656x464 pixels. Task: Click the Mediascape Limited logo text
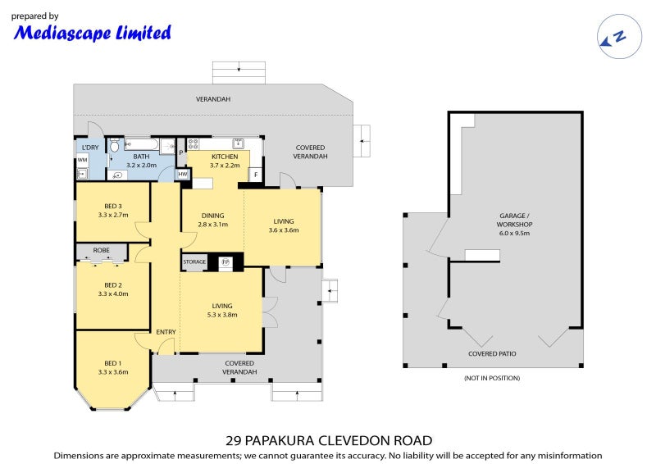click(93, 33)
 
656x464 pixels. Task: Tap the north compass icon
click(613, 36)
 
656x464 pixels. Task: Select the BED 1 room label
click(113, 362)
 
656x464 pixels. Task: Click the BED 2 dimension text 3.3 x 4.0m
click(113, 293)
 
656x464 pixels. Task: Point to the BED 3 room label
click(113, 206)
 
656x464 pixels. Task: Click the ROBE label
click(102, 251)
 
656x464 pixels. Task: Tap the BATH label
click(141, 156)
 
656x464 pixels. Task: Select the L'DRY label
click(88, 148)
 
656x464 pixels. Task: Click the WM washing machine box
click(82, 160)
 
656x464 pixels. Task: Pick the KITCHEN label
click(225, 156)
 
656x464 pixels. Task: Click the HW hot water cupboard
click(182, 174)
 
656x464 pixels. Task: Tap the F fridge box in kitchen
click(255, 174)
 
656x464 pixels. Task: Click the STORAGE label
click(194, 262)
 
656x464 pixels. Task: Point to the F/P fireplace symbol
click(225, 262)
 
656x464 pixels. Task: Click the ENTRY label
click(166, 331)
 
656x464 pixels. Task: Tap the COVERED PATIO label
click(492, 354)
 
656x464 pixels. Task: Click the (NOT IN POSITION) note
click(492, 378)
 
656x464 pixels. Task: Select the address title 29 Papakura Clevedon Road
click(328, 440)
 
